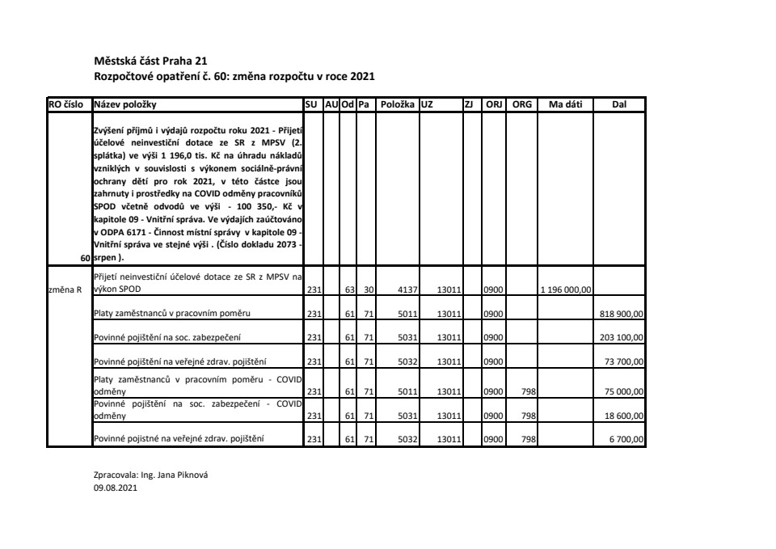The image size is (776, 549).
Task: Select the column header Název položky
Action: point(125,104)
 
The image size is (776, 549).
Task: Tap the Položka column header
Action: point(397,104)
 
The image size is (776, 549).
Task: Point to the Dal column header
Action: point(619,104)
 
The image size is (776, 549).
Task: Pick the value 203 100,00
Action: point(621,336)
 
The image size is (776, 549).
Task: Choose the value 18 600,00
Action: point(625,415)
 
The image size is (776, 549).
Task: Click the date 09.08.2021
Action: point(116,488)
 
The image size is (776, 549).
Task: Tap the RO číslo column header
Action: point(69,104)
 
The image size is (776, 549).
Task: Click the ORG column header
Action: point(523,104)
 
